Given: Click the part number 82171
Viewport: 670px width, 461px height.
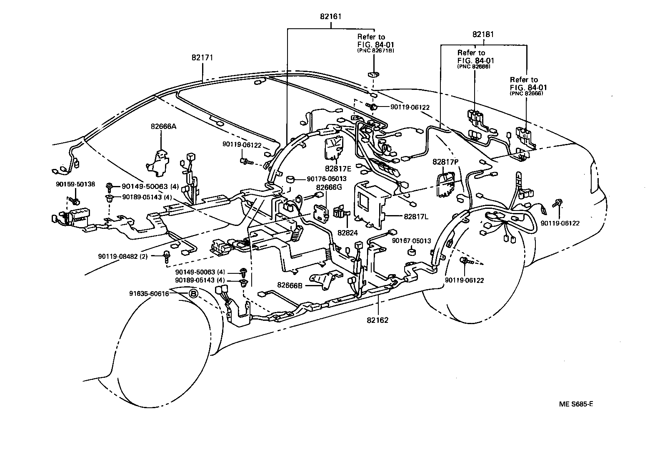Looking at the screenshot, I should click(202, 58).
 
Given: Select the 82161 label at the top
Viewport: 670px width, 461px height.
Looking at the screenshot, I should click(331, 17).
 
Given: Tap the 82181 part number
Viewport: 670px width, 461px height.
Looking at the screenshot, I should click(483, 35).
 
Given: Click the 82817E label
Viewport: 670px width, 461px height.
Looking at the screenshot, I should click(338, 169).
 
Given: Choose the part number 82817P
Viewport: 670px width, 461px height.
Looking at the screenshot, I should click(445, 162).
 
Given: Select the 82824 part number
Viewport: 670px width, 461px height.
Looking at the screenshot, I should click(348, 233).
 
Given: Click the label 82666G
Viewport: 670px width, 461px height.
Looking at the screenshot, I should click(329, 187).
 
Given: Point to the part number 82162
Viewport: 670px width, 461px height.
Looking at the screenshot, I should click(378, 320).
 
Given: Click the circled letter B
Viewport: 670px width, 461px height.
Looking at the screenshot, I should click(193, 294).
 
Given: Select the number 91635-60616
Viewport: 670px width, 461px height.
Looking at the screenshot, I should click(149, 294).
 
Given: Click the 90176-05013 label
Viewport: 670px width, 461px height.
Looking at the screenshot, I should click(327, 179).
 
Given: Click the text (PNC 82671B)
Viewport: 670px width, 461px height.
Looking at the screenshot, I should click(376, 50).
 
